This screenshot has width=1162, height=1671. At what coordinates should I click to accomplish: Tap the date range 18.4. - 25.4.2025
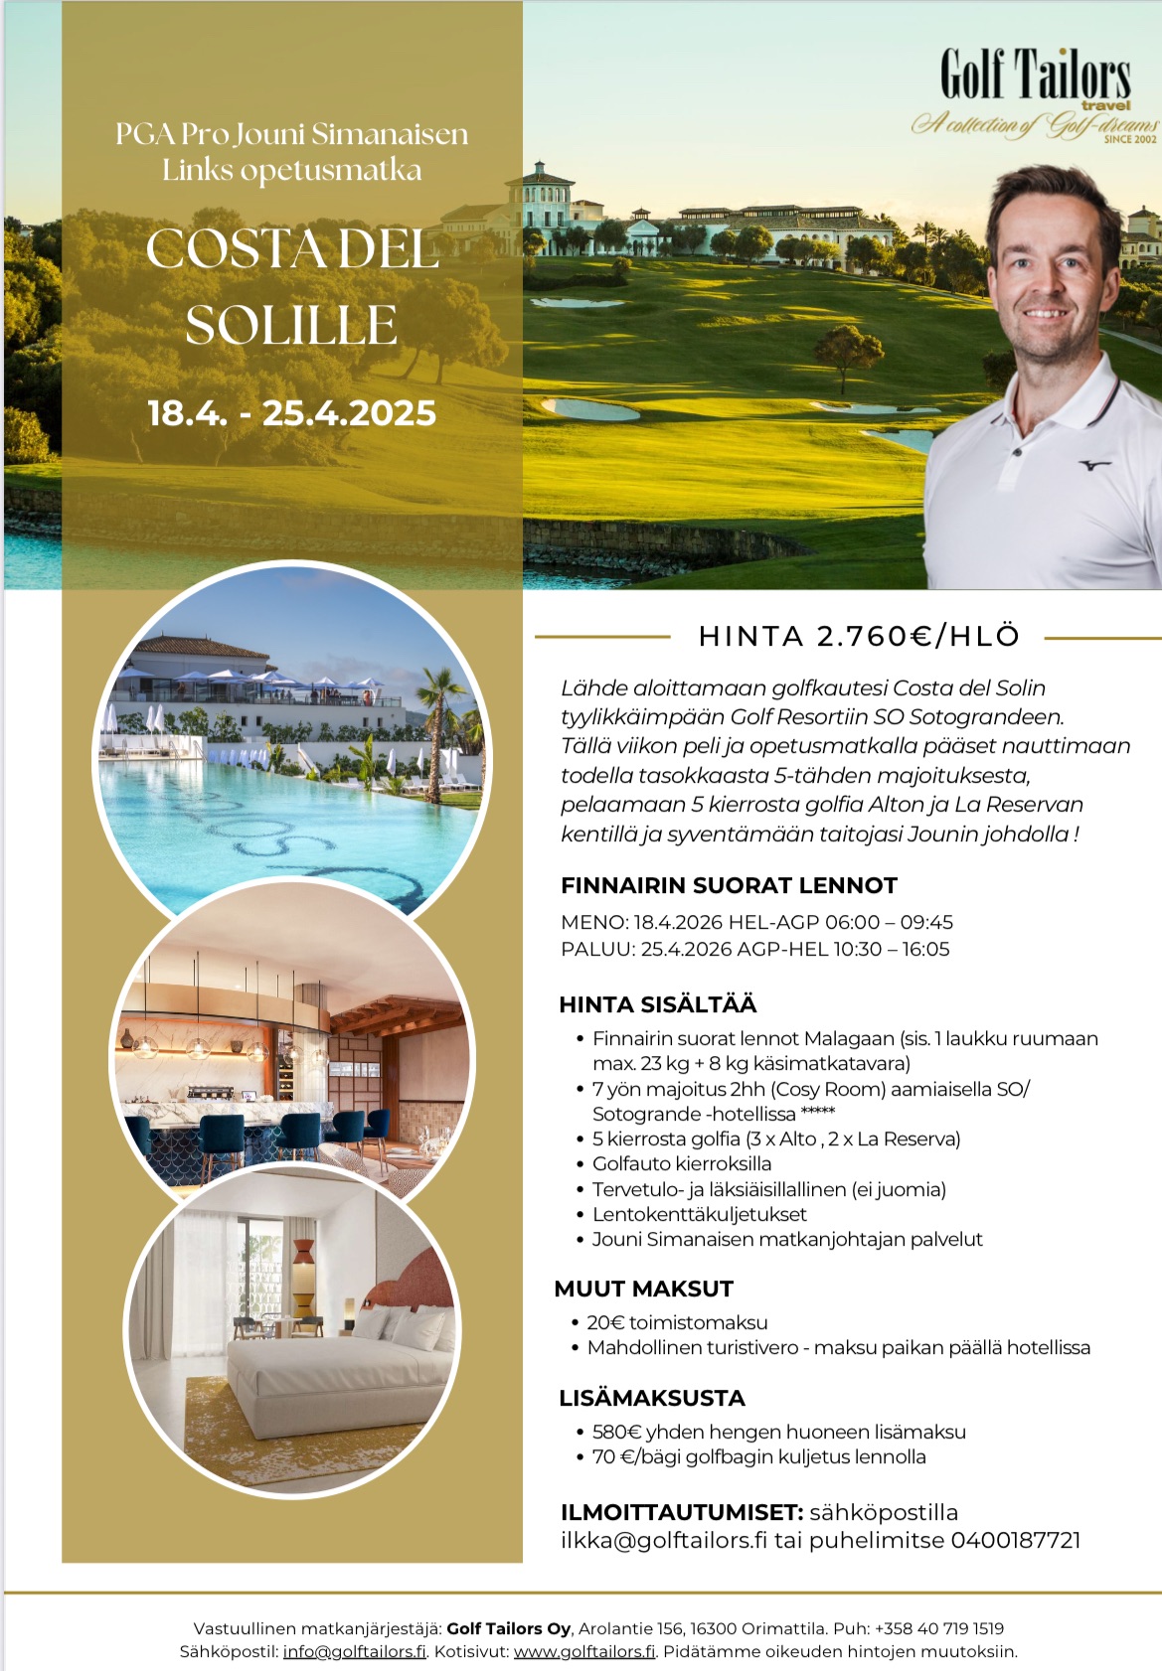pos(291,413)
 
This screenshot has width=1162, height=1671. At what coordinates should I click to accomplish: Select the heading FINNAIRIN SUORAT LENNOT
pos(729,885)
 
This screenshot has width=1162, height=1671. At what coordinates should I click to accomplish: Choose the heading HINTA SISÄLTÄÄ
pos(657,1004)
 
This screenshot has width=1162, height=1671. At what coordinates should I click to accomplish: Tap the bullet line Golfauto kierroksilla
pos(682,1163)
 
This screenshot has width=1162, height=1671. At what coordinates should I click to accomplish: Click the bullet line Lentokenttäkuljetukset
pos(699,1214)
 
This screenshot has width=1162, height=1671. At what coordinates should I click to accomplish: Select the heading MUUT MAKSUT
pos(643,1289)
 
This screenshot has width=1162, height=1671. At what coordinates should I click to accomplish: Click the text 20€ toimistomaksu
pos(677,1322)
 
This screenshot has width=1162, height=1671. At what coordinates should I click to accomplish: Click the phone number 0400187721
pos(1015,1540)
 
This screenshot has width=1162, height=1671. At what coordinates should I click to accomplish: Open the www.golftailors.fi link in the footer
pos(584,1651)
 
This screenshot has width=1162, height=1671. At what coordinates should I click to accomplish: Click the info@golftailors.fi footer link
pos(354,1651)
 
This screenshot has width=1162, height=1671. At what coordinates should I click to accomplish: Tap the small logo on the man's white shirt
pos(1093,463)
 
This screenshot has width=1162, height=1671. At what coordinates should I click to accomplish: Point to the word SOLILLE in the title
pos(291,325)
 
